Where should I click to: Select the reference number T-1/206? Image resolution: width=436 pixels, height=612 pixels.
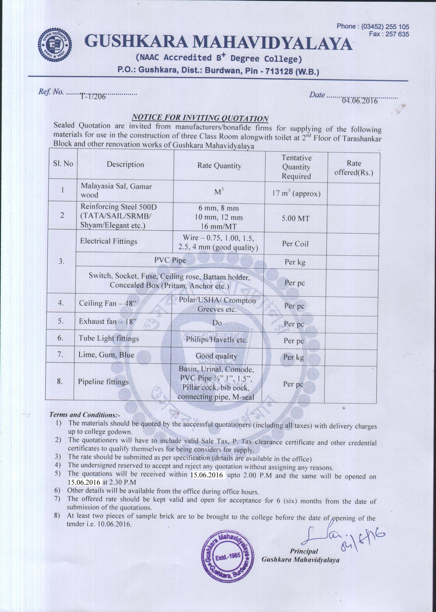pyautogui.click(x=93, y=97)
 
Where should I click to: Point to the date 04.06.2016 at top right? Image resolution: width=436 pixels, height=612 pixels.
pyautogui.click(x=360, y=101)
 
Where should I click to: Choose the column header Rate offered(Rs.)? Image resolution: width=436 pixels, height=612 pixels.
pyautogui.click(x=354, y=168)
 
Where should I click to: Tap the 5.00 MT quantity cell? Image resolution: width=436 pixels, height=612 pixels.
pyautogui.click(x=296, y=218)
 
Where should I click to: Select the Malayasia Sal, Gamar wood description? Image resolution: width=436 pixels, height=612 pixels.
pyautogui.click(x=116, y=190)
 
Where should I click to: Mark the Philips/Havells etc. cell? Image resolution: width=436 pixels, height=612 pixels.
pyautogui.click(x=217, y=340)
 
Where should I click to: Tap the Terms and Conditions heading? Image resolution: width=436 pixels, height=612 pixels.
pyautogui.click(x=85, y=415)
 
